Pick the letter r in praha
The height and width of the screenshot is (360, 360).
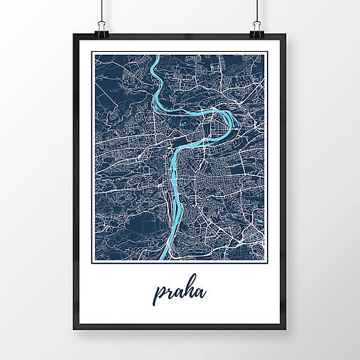[168, 292]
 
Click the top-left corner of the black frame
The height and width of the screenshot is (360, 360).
[73, 35]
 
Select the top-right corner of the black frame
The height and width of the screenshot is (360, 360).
[286, 35]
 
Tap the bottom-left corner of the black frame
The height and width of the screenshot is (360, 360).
[73, 329]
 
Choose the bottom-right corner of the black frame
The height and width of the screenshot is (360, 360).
[286, 329]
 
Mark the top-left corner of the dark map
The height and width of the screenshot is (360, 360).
[96, 55]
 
